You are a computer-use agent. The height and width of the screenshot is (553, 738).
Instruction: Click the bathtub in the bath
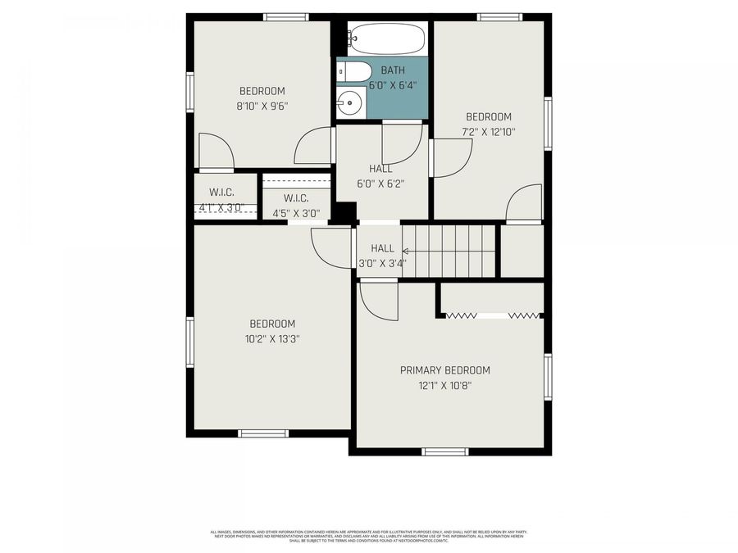(386, 38)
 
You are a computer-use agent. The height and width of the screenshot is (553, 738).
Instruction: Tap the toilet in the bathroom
(352, 72)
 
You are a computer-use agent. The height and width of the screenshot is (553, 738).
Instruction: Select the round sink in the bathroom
(350, 102)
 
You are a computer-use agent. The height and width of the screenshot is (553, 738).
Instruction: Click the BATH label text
(392, 70)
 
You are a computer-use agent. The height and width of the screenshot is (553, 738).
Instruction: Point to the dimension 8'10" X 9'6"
(262, 106)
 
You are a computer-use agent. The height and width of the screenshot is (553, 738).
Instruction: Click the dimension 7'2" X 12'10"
(489, 132)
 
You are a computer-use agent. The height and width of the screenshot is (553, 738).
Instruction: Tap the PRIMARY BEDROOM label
(445, 370)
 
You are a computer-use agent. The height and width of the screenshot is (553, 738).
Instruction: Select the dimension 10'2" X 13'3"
(272, 338)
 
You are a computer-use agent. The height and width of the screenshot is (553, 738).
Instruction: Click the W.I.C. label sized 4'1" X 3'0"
(221, 192)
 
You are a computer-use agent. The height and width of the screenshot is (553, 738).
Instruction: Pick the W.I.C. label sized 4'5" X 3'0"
(296, 198)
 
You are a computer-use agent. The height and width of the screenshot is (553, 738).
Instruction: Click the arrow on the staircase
(406, 253)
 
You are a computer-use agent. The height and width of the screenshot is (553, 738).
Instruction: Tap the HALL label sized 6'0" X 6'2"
(380, 169)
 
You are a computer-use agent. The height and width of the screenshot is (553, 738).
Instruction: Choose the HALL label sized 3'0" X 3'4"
(382, 248)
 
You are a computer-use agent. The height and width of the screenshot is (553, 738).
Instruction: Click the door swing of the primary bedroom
(376, 301)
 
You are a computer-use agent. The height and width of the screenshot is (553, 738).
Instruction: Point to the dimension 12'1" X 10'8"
(445, 386)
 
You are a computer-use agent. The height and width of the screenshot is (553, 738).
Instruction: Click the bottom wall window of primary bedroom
(445, 451)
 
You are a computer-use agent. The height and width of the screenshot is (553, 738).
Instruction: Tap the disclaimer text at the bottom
(369, 535)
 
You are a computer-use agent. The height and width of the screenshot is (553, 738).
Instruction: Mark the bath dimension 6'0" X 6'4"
(392, 84)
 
